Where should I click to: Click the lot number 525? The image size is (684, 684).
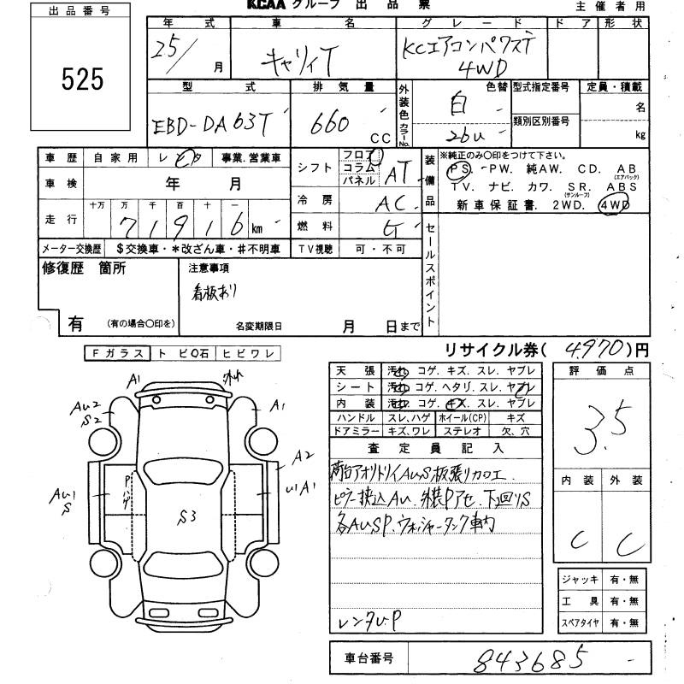pos(82,80)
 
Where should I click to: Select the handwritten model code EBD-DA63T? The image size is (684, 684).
pos(210,125)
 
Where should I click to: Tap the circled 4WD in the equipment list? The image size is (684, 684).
pos(615,205)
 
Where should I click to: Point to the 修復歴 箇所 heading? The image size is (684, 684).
pos(84,268)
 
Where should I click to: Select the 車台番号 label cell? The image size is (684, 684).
pos(370,659)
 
